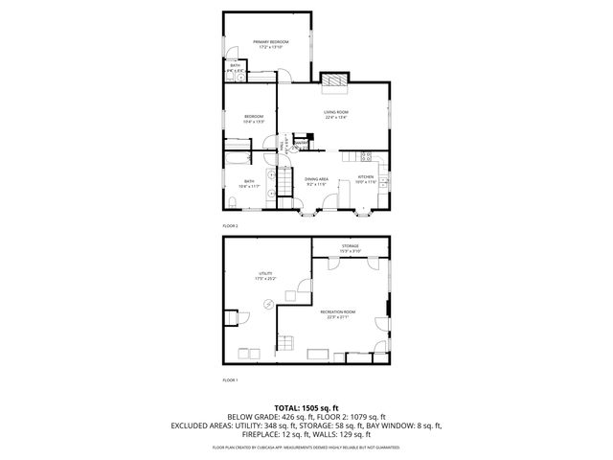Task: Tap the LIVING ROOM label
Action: click(335, 115)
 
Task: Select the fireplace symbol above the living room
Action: click(333, 82)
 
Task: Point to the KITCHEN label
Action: click(366, 178)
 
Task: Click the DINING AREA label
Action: click(317, 180)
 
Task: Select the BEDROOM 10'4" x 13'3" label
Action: click(253, 119)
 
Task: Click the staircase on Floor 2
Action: click(284, 181)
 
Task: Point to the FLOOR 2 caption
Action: click(230, 225)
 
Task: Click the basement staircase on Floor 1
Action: click(286, 346)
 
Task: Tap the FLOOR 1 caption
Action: click(230, 380)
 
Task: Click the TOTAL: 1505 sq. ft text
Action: click(306, 408)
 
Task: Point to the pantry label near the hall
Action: click(301, 144)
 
